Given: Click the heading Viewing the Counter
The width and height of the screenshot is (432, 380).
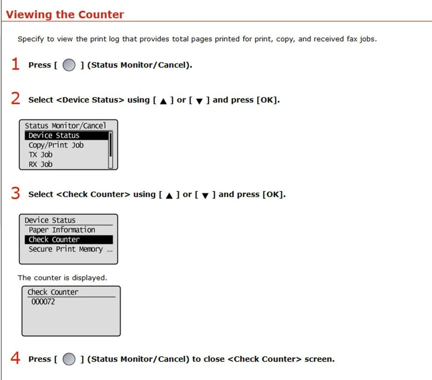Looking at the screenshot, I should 65,14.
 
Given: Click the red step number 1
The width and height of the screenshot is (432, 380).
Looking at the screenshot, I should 15,64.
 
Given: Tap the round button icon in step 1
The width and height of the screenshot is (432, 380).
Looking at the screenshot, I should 69,65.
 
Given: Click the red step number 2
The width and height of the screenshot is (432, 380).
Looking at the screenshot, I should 15,99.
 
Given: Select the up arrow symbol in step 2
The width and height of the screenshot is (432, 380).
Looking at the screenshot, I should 163,101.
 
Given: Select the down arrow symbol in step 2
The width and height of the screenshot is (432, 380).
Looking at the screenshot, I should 199,101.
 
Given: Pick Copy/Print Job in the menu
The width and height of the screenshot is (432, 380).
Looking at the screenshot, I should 56,145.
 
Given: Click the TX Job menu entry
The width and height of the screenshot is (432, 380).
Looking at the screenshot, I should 40,155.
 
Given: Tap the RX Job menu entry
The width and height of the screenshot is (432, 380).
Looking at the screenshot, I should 40,164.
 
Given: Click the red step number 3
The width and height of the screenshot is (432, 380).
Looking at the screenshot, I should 15,194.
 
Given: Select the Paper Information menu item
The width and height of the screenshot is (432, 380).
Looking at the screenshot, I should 62,230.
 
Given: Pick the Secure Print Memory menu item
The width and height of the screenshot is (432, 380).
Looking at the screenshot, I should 70,249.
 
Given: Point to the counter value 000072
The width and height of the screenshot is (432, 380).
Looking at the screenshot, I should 43,302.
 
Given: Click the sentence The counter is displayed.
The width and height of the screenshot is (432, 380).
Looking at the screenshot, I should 62,277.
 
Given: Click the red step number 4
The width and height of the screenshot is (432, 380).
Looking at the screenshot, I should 15,358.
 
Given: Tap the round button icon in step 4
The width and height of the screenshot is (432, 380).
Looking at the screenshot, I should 69,359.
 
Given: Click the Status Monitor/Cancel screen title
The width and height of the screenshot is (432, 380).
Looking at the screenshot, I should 65,126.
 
